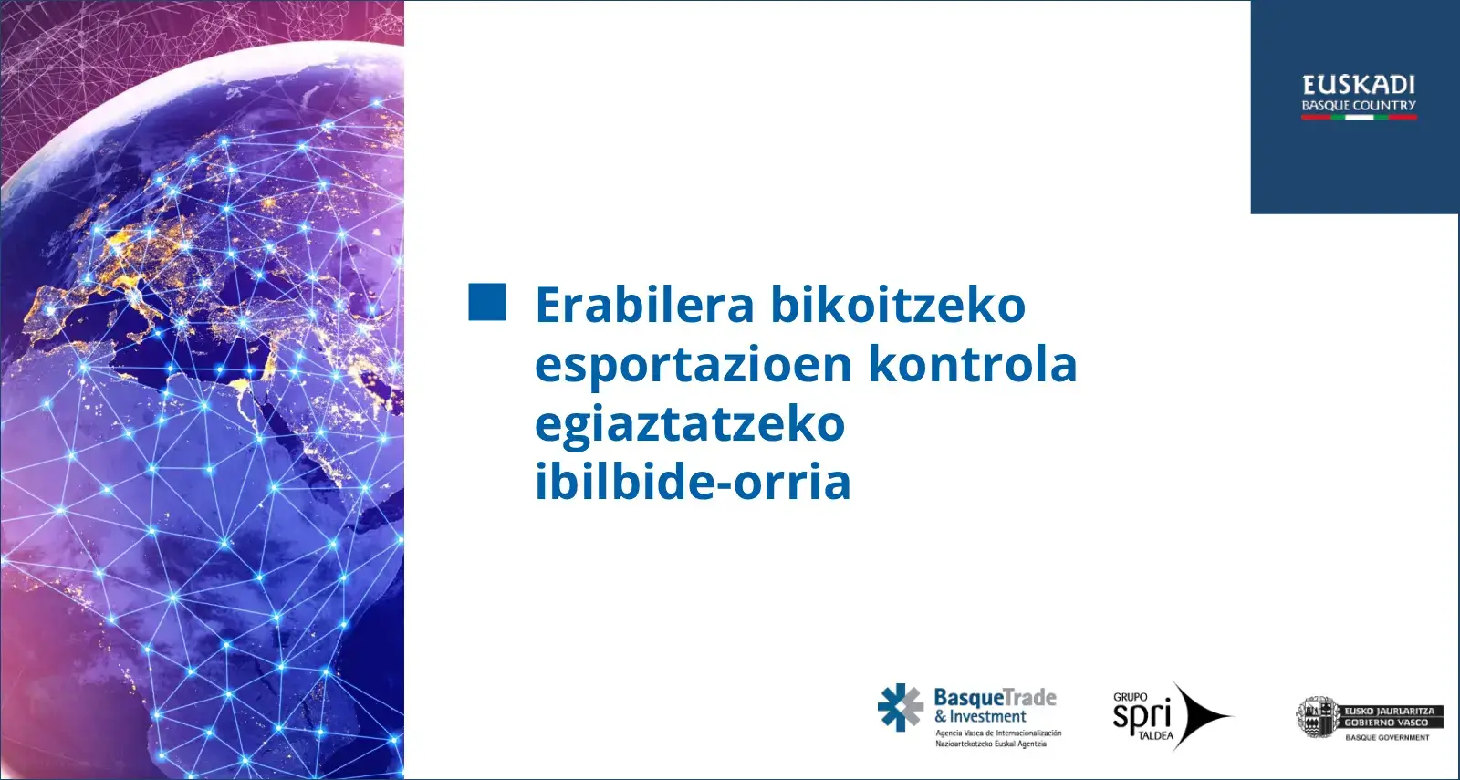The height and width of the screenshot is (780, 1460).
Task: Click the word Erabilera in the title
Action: tap(644, 305)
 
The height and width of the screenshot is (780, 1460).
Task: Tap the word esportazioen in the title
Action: tap(693, 366)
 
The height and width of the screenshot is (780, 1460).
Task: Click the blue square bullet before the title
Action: tap(487, 302)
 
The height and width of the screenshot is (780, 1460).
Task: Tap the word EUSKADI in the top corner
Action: tap(1359, 86)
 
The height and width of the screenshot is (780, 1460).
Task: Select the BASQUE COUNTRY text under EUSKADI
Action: tap(1359, 105)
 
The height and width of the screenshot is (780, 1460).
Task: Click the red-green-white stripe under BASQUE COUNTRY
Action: tap(1359, 118)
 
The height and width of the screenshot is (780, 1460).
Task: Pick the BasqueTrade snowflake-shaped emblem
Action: tap(900, 707)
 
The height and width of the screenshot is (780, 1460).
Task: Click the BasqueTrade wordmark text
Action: tap(996, 697)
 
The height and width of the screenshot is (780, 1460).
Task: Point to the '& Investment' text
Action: tap(980, 717)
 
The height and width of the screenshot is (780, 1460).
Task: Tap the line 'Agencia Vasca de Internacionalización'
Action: tap(998, 733)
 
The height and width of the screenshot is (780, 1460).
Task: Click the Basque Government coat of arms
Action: tap(1317, 717)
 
